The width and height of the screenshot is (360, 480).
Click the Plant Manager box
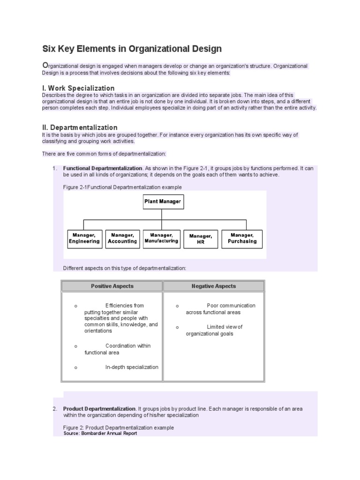pyautogui.click(x=162, y=202)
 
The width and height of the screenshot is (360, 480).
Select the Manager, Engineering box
pyautogui.click(x=84, y=239)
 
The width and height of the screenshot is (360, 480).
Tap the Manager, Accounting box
pyautogui.click(x=122, y=239)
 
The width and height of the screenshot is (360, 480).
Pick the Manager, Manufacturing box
pyautogui.click(x=161, y=238)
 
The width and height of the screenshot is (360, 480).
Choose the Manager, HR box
pyautogui.click(x=201, y=239)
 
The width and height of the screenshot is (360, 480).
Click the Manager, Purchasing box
pyautogui.click(x=242, y=239)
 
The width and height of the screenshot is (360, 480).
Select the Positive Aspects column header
pyautogui.click(x=112, y=286)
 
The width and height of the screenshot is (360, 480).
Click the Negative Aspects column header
pyautogui.click(x=214, y=286)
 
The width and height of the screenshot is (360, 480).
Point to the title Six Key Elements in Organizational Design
pyautogui.click(x=132, y=49)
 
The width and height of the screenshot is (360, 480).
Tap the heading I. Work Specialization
pyautogui.click(x=78, y=88)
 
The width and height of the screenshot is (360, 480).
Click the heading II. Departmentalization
pyautogui.click(x=80, y=127)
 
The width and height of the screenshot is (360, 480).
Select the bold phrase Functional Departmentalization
pyautogui.click(x=103, y=168)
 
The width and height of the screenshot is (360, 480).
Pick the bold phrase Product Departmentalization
pyautogui.click(x=99, y=409)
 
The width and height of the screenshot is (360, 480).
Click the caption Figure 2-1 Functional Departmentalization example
pyautogui.click(x=122, y=187)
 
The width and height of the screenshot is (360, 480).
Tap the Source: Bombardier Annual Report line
pyautogui.click(x=100, y=434)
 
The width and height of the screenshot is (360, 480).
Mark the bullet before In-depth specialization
pyautogui.click(x=75, y=367)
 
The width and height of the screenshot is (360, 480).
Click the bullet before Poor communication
pyautogui.click(x=177, y=306)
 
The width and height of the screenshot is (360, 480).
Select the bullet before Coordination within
pyautogui.click(x=75, y=346)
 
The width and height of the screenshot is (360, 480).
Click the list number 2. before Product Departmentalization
pyautogui.click(x=55, y=409)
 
